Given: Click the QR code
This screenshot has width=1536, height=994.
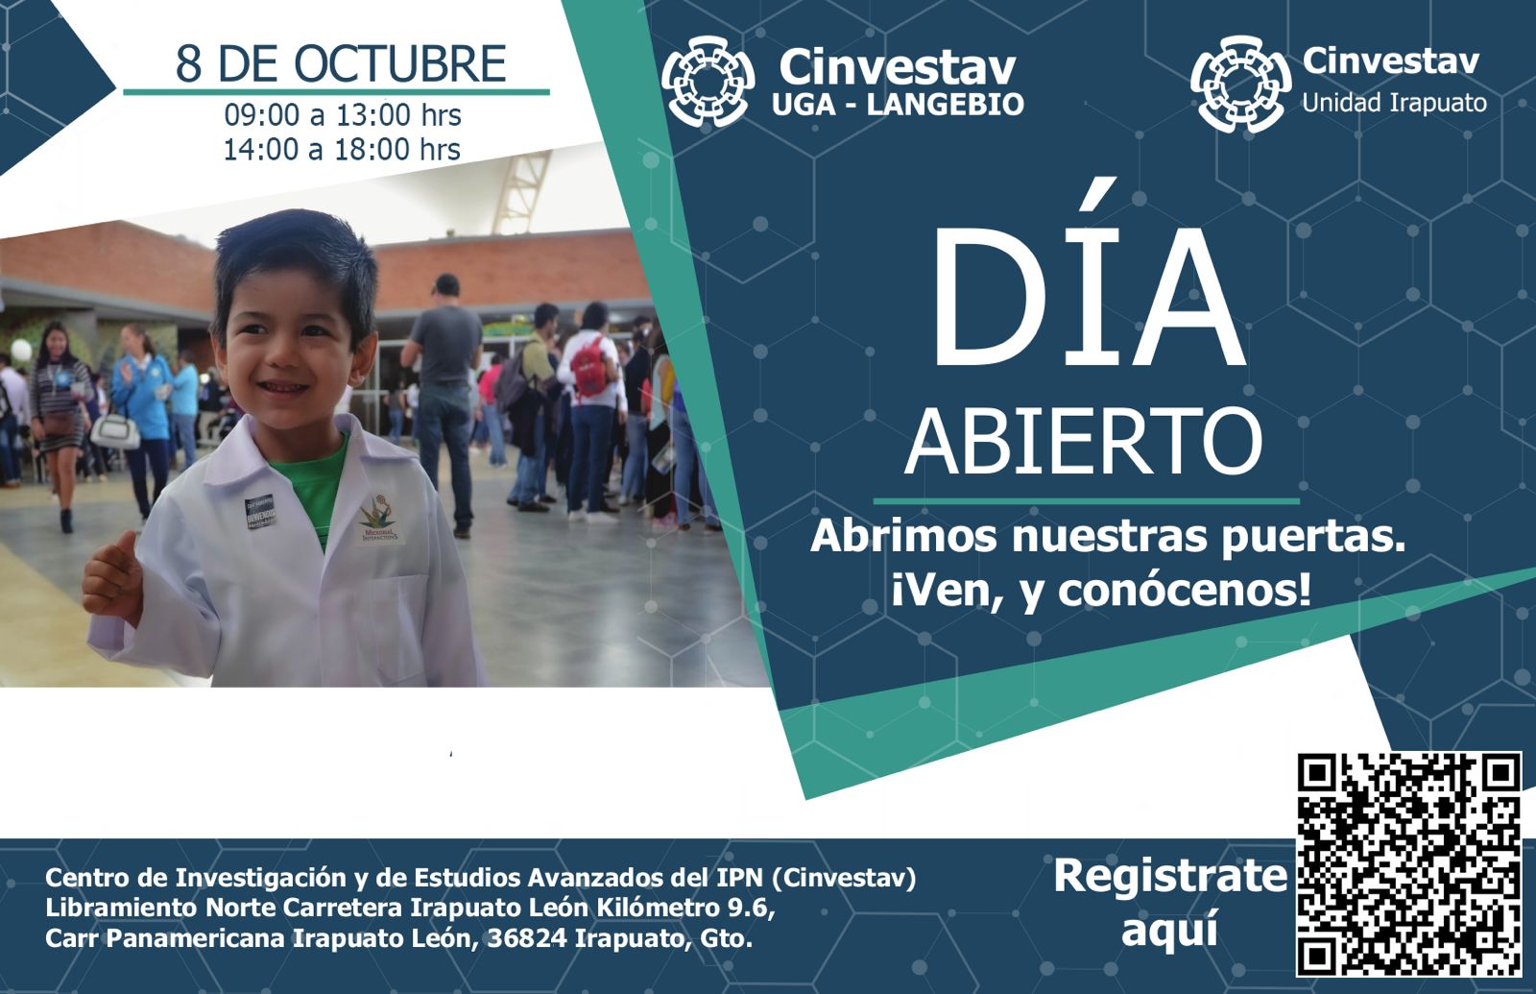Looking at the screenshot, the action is (1408, 863).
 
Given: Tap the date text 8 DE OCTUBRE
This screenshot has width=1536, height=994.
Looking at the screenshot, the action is (341, 63).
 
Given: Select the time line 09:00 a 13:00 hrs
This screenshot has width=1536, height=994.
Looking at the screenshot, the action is (343, 114).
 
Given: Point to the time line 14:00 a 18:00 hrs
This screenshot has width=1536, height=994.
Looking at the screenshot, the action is (342, 149).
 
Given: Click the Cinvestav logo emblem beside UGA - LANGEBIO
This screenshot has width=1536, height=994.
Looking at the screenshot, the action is (708, 82).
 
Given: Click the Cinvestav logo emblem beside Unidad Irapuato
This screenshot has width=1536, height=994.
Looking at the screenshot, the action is (1241, 84).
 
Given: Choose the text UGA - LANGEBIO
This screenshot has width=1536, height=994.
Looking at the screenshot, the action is (899, 105).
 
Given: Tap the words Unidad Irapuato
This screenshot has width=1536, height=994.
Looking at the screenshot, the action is (1394, 104).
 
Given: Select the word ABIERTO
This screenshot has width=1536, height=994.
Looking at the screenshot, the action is (1084, 441).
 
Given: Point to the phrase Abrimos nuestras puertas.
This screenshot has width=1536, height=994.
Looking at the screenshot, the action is (1108, 537).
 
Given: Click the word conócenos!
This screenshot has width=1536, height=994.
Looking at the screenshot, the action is (1185, 591).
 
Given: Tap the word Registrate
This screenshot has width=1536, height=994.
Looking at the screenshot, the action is (1170, 876).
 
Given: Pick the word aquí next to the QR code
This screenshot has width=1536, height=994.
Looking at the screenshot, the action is (1170, 931).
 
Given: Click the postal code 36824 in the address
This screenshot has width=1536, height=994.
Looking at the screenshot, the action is (527, 938).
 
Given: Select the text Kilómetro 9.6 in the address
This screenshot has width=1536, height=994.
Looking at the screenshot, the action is (685, 909).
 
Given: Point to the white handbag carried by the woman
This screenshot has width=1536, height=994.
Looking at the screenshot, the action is (115, 431).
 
